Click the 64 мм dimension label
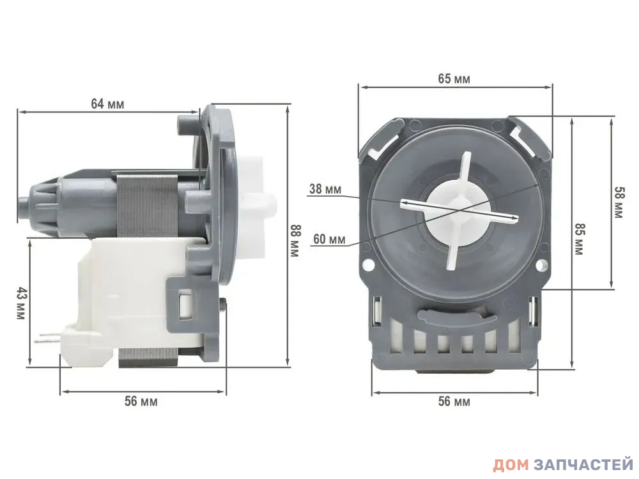point(107,104)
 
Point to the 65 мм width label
point(454,79)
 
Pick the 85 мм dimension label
point(579,239)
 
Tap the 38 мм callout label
point(325,189)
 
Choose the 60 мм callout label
point(329,239)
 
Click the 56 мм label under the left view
point(141,401)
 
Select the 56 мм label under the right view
point(454,402)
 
